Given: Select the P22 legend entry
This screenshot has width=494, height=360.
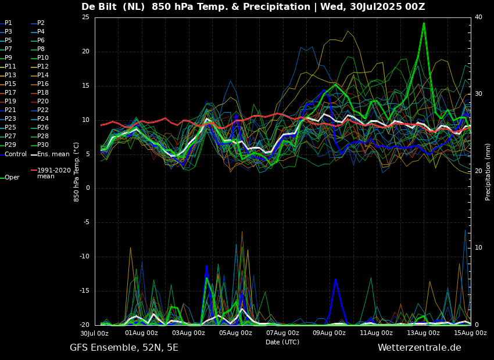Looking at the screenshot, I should (43, 110).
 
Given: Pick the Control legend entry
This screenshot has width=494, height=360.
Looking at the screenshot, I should (16, 154).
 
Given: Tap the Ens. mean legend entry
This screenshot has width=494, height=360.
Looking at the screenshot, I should (53, 154).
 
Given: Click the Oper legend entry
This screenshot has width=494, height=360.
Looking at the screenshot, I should (12, 178).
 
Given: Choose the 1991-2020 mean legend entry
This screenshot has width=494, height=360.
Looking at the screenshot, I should (53, 173).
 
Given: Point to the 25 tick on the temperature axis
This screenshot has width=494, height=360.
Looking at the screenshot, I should (85, 17).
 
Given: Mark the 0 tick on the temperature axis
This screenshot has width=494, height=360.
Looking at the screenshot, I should (87, 188).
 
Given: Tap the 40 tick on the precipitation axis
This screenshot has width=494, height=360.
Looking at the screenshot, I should (478, 17).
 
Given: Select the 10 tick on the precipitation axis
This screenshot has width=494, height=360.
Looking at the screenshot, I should (478, 248).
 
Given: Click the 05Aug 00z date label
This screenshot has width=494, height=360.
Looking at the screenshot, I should (235, 333).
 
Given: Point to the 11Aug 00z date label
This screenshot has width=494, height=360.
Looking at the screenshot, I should (376, 333).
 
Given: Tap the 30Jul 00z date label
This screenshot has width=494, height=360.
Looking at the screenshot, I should (95, 333).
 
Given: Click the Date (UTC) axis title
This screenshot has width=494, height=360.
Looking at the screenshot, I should (282, 342).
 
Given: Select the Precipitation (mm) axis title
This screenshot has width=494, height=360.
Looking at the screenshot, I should (488, 172).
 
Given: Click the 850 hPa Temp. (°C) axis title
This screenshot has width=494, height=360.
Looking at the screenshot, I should (77, 172).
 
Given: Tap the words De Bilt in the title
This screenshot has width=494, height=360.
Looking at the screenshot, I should (99, 7).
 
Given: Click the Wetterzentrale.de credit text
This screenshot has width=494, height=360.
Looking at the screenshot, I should (419, 348).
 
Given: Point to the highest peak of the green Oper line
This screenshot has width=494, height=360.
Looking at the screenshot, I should (424, 23).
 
